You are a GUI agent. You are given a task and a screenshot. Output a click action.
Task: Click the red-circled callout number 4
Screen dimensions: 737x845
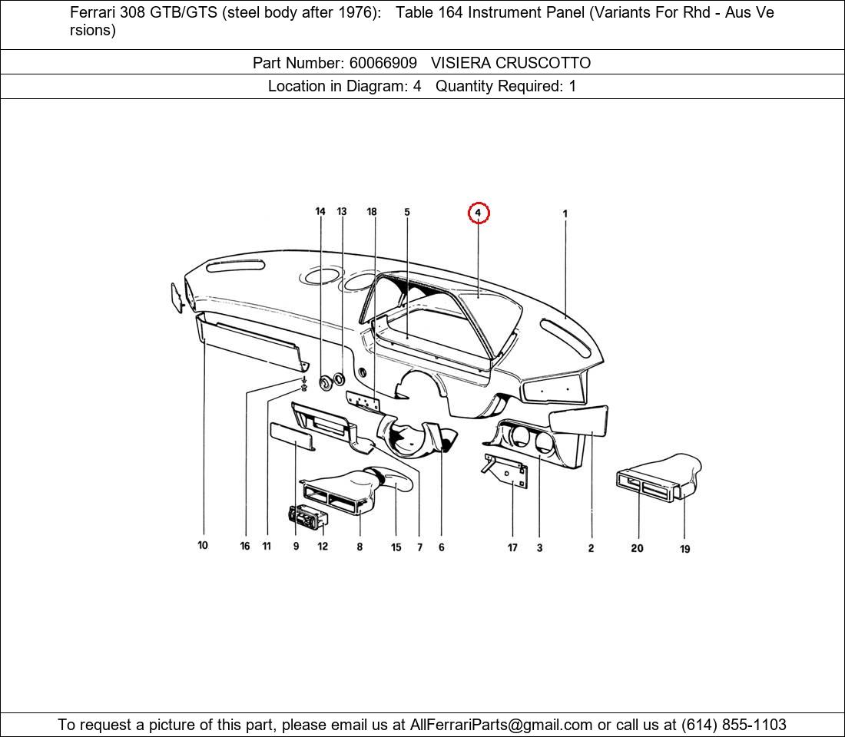478,213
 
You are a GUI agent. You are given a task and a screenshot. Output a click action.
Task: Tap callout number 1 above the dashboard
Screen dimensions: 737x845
565,214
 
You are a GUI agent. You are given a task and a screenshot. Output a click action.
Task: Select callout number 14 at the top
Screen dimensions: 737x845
320,212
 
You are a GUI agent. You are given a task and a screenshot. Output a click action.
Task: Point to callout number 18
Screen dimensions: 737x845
372,212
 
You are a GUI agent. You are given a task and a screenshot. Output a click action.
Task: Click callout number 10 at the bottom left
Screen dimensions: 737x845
203,546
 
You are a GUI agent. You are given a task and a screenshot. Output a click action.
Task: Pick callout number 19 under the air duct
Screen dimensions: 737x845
684,549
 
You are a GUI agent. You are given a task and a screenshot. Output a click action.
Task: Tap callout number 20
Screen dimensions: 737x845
637,548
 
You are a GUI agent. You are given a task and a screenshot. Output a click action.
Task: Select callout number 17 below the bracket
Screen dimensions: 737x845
512,547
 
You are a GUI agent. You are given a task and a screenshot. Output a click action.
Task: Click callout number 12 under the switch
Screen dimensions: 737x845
323,547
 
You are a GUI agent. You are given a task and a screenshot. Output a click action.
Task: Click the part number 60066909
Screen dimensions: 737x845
383,63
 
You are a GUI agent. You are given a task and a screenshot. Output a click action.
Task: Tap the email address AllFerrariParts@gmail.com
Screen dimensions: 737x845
502,725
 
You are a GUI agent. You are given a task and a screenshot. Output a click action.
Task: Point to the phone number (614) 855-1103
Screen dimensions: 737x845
734,725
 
